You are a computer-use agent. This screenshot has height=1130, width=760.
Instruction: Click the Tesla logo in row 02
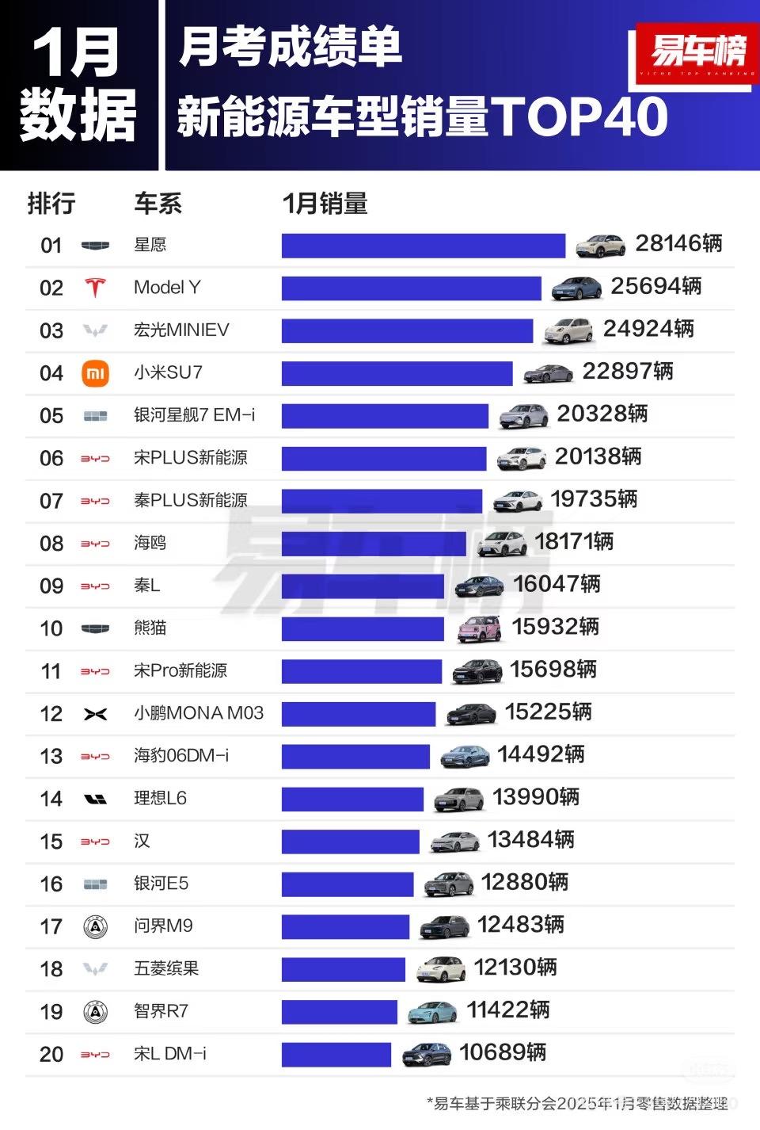click(95, 288)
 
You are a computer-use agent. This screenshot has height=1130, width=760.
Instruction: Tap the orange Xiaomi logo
click(95, 373)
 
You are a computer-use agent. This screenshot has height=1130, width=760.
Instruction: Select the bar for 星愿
click(423, 246)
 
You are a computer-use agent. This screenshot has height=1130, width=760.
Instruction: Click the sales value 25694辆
click(655, 286)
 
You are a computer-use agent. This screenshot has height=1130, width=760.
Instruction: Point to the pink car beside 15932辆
click(480, 629)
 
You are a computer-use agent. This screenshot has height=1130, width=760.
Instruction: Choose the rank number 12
click(51, 714)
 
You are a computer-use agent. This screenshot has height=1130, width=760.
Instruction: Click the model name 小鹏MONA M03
click(198, 713)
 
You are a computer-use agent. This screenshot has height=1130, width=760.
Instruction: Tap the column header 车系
click(158, 204)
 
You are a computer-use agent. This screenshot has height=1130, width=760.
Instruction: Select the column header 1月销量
click(325, 204)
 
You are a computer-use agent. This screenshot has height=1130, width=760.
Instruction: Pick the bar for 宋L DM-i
click(336, 1055)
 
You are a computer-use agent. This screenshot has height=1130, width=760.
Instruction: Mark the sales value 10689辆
click(503, 1052)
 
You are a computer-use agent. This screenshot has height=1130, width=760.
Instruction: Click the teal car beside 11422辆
click(432, 1012)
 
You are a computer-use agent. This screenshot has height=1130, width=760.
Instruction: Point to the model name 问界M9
click(163, 926)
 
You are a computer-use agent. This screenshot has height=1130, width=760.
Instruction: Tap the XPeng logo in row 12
click(95, 714)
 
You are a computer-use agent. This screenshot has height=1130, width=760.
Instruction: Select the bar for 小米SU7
click(397, 373)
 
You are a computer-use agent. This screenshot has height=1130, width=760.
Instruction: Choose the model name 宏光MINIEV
click(181, 330)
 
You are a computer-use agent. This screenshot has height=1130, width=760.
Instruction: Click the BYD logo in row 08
click(95, 544)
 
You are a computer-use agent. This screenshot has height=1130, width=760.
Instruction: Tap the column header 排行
click(51, 204)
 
